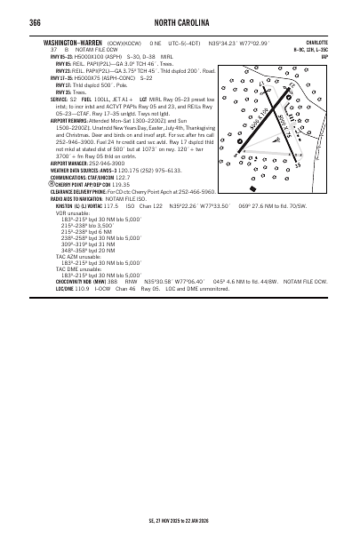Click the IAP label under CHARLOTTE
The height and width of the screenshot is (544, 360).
(324, 56)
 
